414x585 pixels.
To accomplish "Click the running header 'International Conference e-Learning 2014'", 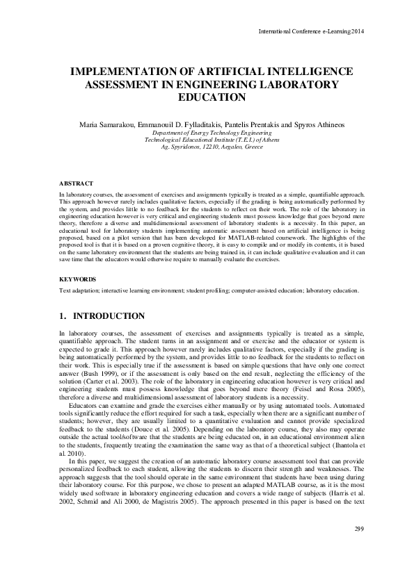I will click(x=311, y=31).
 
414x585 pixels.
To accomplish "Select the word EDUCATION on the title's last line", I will click(x=207, y=98).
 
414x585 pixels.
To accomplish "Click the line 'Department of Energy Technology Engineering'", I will click(x=207, y=132).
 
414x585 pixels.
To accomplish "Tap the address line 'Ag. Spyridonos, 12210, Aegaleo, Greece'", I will click(x=207, y=147).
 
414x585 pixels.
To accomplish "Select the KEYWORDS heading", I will click(x=77, y=279).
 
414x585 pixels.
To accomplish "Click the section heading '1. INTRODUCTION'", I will click(x=102, y=316).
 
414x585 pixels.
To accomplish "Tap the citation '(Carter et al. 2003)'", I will click(x=113, y=381).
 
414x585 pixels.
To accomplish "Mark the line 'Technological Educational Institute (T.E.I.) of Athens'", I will click(x=207, y=139).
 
